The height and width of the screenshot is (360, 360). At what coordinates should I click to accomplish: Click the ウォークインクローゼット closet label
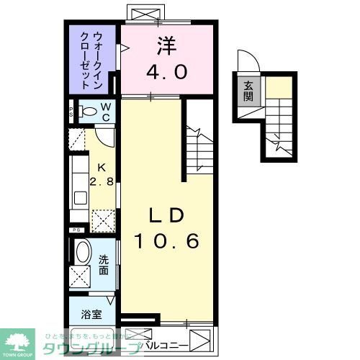coord(93,58)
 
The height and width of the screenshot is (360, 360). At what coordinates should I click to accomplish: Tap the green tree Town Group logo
coord(19,339)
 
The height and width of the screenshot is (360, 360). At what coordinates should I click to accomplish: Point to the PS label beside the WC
coord(72,112)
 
